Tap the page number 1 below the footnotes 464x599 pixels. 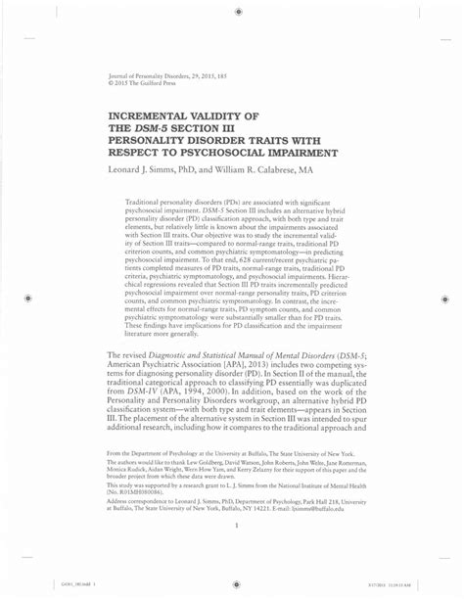click(x=237, y=527)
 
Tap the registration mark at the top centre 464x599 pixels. click(x=239, y=11)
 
